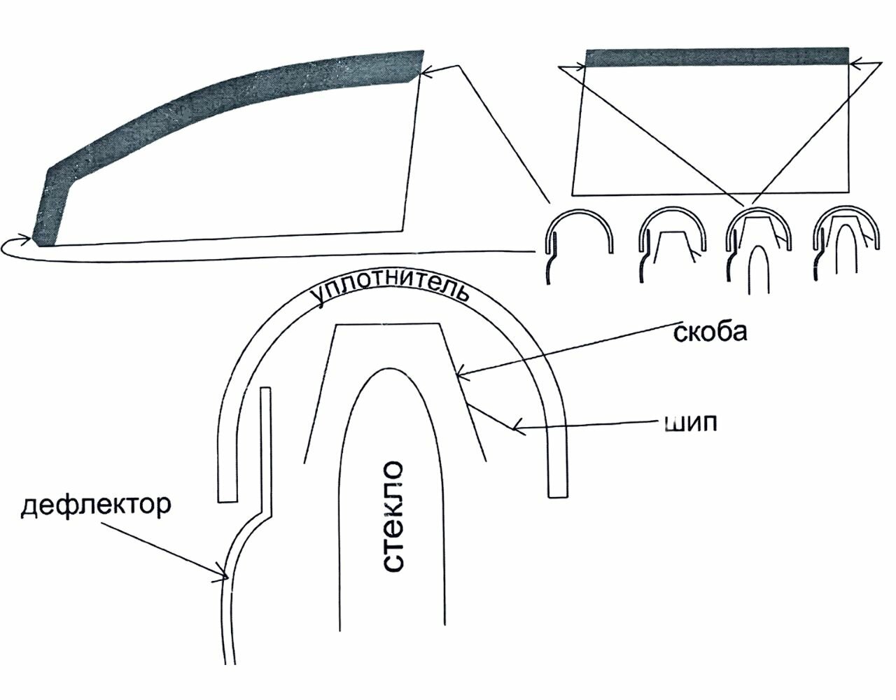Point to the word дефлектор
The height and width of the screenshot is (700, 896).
click(96, 505)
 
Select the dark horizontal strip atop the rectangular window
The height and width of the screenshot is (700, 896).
click(716, 57)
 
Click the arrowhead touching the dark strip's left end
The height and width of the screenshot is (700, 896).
click(582, 67)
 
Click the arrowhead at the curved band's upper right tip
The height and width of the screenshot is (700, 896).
click(426, 71)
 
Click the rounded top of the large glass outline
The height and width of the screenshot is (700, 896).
click(389, 371)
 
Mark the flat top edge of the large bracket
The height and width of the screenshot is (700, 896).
click(388, 324)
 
